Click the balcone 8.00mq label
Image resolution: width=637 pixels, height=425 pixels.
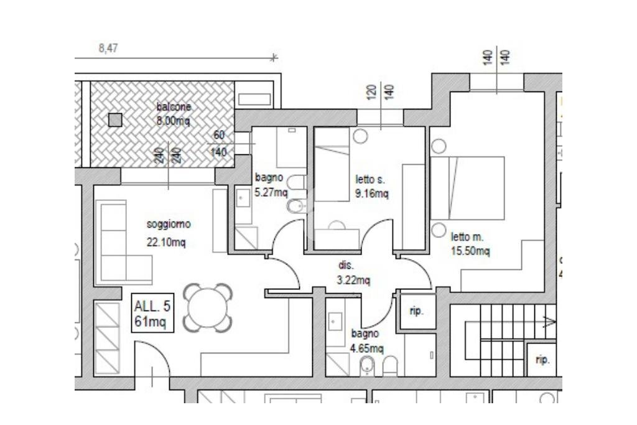174,114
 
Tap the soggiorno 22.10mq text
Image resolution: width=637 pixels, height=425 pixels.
168,233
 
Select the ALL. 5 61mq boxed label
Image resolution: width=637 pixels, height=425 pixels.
152,313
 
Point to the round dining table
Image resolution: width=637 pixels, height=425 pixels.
208,307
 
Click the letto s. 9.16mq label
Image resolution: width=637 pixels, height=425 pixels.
372,186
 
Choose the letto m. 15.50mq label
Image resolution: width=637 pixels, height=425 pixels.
470,244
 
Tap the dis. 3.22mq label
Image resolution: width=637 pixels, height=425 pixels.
353,273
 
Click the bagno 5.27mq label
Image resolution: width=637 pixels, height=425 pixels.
271,185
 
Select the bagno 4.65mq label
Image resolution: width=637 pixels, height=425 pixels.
367,341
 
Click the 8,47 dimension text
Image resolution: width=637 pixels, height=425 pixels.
108,49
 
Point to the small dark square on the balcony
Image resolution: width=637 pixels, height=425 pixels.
115,120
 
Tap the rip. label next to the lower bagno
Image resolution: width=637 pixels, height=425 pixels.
416,312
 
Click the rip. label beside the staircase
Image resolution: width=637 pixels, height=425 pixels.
542,360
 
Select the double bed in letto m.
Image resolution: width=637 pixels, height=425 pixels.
468,188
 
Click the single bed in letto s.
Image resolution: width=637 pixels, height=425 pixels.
332,164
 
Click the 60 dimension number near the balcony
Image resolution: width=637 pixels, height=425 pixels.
219,135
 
